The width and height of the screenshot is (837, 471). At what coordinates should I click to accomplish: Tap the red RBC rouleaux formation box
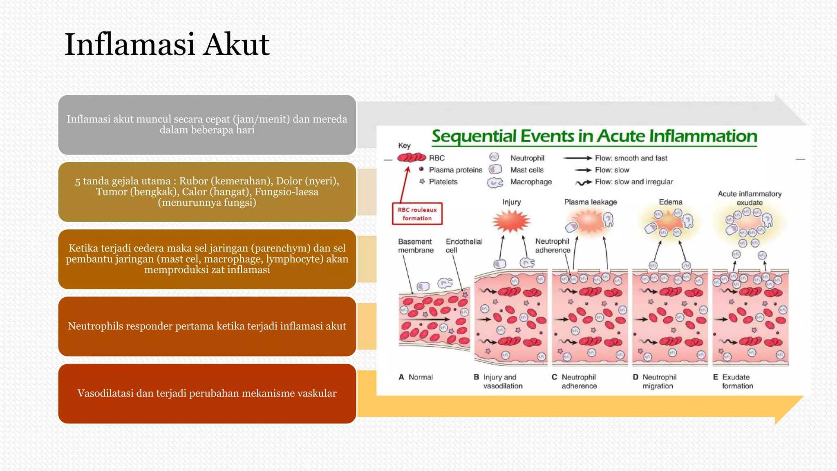[417, 214]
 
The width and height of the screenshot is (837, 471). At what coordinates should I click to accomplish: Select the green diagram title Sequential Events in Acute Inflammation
[594, 136]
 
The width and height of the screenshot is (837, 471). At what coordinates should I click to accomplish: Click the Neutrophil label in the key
[527, 158]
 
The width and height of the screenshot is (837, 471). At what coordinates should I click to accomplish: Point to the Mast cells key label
[527, 170]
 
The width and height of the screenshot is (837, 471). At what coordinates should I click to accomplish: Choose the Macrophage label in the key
[531, 182]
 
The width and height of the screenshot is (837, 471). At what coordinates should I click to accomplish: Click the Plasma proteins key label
[455, 170]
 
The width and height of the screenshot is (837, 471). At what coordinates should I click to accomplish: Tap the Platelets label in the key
[443, 182]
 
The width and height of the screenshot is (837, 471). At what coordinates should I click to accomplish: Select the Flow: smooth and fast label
[631, 158]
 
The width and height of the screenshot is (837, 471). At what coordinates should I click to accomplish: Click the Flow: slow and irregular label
[633, 182]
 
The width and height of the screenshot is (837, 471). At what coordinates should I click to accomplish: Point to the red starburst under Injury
[511, 221]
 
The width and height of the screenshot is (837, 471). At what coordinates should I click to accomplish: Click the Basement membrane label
[415, 246]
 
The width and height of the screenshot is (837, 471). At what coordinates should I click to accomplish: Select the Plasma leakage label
[590, 202]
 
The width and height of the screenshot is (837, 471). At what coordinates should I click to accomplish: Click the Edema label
[670, 202]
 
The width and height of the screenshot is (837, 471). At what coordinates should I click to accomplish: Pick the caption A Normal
[416, 377]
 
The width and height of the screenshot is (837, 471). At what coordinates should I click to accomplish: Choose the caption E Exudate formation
[734, 381]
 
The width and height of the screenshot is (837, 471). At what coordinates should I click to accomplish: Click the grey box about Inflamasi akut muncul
[207, 125]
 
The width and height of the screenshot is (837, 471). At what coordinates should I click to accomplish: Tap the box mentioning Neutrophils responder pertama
[207, 326]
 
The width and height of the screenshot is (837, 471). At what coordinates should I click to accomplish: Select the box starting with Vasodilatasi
[207, 393]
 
